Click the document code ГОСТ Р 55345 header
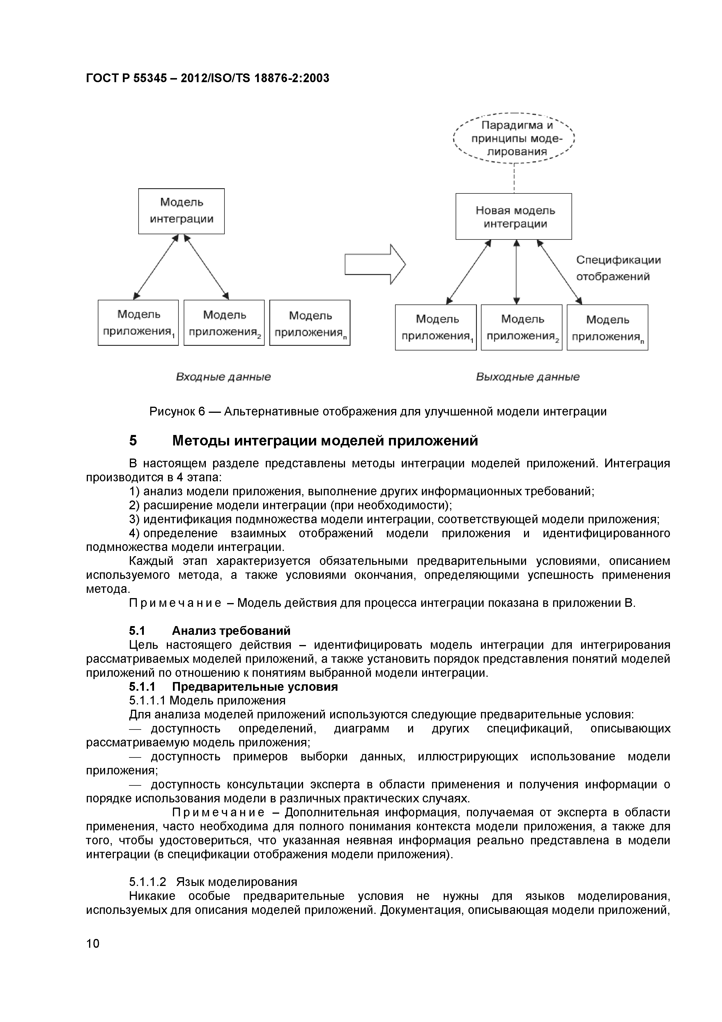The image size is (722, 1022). coord(207,78)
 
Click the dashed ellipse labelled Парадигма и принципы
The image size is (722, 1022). coord(514,138)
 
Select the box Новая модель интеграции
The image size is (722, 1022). coord(514,217)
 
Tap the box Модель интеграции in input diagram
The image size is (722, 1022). coord(181,211)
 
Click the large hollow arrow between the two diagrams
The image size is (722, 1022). coord(375,265)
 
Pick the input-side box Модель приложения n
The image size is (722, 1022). coord(310,323)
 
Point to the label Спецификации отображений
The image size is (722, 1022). coord(618,268)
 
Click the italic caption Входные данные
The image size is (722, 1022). coord(223,377)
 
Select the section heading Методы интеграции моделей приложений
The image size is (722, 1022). coord(325,441)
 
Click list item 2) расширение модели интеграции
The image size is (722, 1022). coord(290,505)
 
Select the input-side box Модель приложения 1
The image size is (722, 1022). coord(138,323)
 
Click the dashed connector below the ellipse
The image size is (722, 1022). coord(514,178)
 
